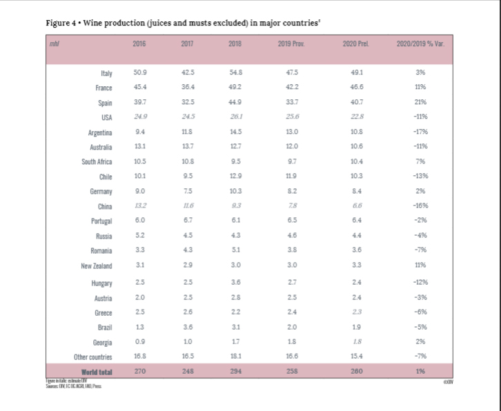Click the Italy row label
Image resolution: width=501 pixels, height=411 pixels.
pyautogui.click(x=106, y=72)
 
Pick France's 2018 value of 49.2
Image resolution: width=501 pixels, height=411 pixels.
pyautogui.click(x=235, y=88)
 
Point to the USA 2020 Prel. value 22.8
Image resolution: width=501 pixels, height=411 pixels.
pyautogui.click(x=356, y=117)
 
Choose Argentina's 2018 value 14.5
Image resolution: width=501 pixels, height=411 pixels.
pyautogui.click(x=235, y=132)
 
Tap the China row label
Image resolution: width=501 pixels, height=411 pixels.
pyautogui.click(x=106, y=205)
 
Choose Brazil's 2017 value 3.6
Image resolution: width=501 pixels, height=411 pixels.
pyautogui.click(x=186, y=327)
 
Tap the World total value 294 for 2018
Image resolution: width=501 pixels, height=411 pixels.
pyautogui.click(x=235, y=372)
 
